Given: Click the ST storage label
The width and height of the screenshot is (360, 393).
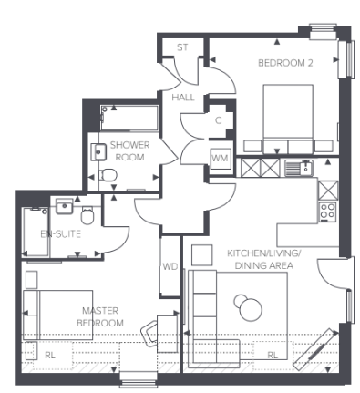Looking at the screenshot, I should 182,47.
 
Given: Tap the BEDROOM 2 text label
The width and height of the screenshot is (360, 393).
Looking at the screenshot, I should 285,63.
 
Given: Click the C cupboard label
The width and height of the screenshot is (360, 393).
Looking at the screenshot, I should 219,119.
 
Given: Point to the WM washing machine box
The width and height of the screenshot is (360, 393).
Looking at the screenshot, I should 220,159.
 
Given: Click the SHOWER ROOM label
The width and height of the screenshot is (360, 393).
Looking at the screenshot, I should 130,151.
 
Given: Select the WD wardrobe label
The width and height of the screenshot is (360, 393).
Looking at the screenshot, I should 170,267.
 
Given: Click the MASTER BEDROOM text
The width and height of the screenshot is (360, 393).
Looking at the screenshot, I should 100,316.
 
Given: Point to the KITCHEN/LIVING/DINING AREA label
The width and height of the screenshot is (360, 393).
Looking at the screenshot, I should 270,258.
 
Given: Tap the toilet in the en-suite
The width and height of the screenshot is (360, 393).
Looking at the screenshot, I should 87,215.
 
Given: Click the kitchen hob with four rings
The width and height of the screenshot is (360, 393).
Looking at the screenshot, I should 327,212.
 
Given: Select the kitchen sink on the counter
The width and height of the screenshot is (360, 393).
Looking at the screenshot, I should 295,167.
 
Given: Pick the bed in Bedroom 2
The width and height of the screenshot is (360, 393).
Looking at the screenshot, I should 287,119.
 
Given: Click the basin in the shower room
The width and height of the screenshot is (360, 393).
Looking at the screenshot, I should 99,151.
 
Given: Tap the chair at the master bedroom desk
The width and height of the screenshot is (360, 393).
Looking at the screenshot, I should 149,335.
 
